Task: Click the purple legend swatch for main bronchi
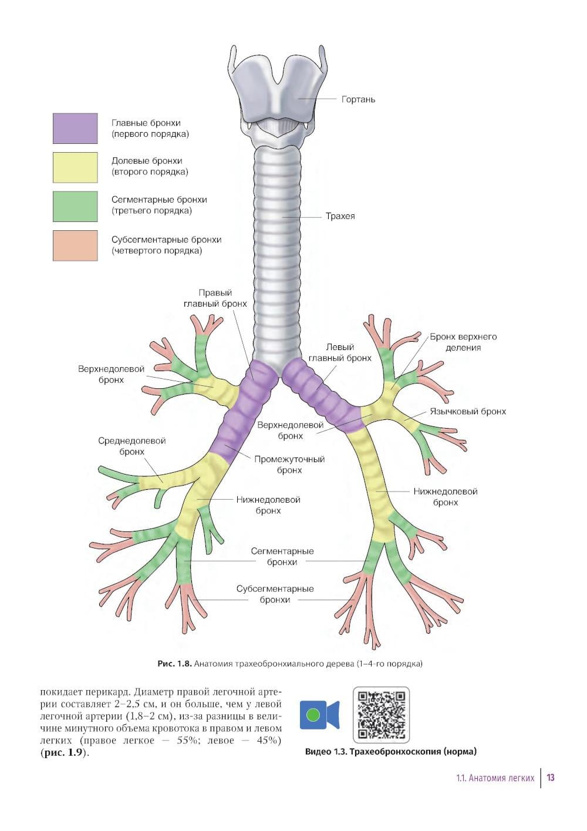(75, 129)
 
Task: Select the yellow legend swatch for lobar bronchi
(75, 167)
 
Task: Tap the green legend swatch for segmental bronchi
(75, 206)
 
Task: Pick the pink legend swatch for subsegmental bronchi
(75, 245)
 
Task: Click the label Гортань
(358, 100)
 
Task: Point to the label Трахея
(340, 216)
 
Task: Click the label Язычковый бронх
(467, 412)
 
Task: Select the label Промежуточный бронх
(289, 465)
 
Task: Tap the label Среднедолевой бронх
(131, 446)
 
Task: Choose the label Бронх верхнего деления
(463, 342)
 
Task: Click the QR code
(381, 715)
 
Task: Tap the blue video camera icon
(319, 715)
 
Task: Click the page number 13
(551, 778)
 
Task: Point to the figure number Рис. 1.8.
(174, 664)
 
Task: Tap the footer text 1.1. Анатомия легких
(495, 778)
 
